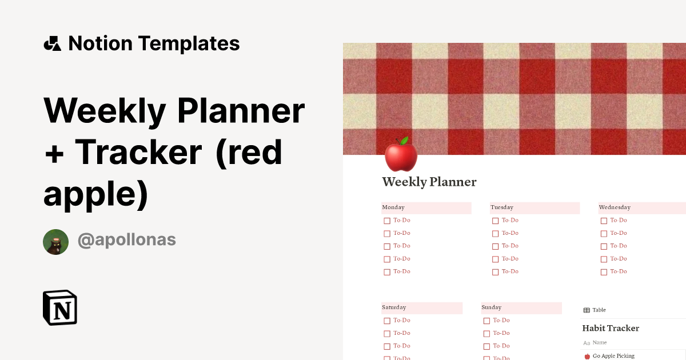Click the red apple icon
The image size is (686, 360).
(401, 154)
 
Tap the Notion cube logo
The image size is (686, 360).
(60, 307)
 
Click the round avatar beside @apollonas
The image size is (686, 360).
(56, 242)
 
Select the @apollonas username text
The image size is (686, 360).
(126, 240)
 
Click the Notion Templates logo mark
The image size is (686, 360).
(52, 43)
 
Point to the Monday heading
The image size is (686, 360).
(393, 207)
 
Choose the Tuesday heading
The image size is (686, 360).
(502, 207)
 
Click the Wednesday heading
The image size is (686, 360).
(615, 207)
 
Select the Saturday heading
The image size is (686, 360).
(394, 307)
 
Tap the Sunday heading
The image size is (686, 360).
(492, 307)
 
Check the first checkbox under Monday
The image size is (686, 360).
(387, 221)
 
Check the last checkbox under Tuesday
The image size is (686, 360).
(496, 272)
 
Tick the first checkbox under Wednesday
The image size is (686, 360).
(604, 221)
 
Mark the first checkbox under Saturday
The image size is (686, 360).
(387, 321)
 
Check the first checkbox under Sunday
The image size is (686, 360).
(486, 321)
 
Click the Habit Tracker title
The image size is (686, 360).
(611, 328)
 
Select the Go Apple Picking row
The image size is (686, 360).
(613, 356)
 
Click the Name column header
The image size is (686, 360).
(600, 343)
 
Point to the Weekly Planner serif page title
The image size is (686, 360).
(429, 182)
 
